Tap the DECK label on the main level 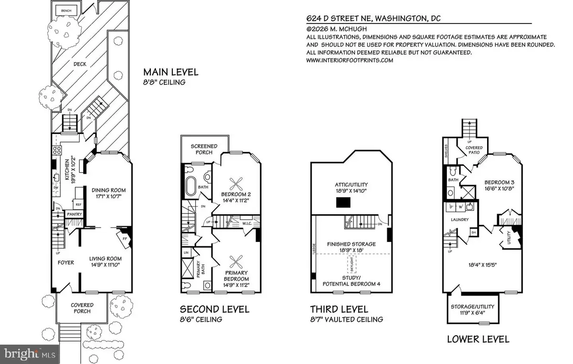pyautogui.click(x=79, y=64)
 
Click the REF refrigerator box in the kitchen pyautogui.click(x=76, y=204)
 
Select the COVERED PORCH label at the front pyautogui.click(x=82, y=308)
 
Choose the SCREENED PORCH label pyautogui.click(x=204, y=149)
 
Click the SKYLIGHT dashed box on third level pyautogui.click(x=351, y=264)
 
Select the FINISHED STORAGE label pyautogui.click(x=351, y=244)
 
